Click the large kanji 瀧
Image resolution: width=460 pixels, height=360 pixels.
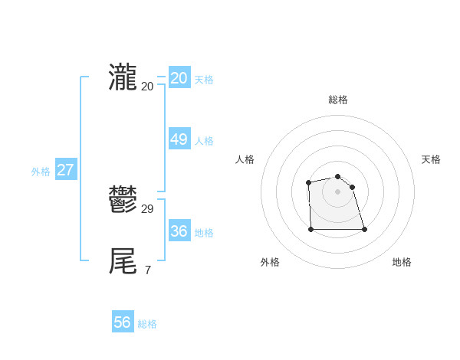coord(123,77)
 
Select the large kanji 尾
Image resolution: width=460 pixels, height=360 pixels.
coord(123,261)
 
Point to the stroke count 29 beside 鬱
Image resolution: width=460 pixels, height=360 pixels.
coord(148,209)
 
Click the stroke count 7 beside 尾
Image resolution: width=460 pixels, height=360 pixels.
coord(147,270)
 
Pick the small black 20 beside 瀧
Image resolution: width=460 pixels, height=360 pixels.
coord(148,86)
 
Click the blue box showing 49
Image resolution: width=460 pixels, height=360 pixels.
coord(179,139)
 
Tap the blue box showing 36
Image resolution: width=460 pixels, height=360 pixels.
coord(179,231)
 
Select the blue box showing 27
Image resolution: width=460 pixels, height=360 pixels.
coord(65,170)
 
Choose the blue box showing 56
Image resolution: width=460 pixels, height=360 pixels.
coord(123,322)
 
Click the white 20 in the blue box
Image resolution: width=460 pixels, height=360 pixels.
coord(179,78)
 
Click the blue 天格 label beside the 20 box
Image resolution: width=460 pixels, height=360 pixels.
coord(204,80)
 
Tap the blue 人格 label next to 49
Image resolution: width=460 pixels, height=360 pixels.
coord(204,141)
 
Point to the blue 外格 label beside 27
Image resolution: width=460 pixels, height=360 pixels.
coord(41,172)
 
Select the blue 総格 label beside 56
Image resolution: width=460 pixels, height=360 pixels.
coord(147,324)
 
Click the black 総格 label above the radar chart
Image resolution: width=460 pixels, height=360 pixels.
coord(337,100)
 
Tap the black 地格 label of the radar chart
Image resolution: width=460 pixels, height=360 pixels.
coord(402,262)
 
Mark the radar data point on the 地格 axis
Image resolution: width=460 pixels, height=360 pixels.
coord(363,229)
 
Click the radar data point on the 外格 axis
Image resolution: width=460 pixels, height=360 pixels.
coord(310,229)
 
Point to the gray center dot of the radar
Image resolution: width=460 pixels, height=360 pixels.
coord(337,191)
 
